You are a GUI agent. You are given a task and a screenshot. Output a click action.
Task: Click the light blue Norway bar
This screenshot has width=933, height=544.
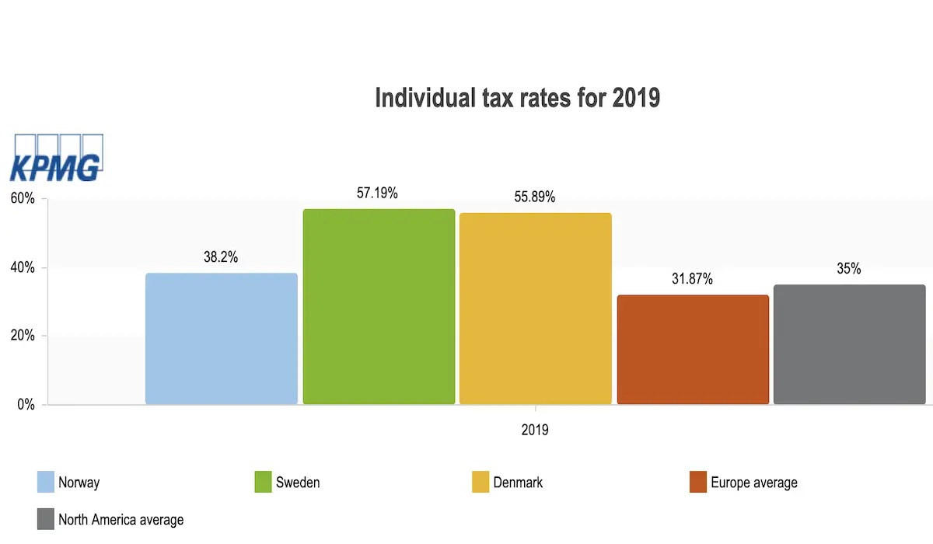(x=222, y=339)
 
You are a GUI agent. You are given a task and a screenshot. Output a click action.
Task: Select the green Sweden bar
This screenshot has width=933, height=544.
(x=379, y=307)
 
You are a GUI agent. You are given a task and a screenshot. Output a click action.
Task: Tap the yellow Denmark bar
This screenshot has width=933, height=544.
(x=535, y=309)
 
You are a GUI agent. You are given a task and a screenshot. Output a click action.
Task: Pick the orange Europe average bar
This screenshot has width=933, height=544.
(x=693, y=350)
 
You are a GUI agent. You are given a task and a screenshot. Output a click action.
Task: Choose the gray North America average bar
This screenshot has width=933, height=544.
(x=849, y=344)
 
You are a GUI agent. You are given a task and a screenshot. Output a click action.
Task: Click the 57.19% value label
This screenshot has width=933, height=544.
(x=377, y=194)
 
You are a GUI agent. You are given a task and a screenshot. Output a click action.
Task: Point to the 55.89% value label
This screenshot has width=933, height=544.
(x=534, y=197)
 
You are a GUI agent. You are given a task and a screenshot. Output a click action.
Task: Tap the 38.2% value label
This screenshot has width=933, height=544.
(x=221, y=257)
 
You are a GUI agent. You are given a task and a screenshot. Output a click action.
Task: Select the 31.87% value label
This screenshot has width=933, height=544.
(x=692, y=279)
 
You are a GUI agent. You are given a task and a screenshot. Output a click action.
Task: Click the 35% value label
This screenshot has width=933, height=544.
(x=849, y=269)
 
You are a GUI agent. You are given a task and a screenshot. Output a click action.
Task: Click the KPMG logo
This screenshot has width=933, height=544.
(x=56, y=159)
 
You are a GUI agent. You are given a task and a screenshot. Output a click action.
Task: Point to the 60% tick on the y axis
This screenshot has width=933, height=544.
(x=23, y=199)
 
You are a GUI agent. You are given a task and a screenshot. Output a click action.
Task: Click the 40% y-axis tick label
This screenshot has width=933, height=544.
(x=23, y=268)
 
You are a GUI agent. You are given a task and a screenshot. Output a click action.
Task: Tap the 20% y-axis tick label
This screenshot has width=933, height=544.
(x=23, y=337)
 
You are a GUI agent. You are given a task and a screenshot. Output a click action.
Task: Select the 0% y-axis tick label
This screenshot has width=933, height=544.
(x=26, y=405)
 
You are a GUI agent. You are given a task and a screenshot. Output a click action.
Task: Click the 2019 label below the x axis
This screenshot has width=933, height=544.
(x=535, y=430)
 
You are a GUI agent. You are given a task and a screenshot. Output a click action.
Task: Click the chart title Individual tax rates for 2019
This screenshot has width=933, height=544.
(x=517, y=99)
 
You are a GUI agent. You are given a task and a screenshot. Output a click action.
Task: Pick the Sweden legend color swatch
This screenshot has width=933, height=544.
(x=262, y=482)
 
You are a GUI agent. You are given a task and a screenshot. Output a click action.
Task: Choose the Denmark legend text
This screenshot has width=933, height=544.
(x=518, y=483)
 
